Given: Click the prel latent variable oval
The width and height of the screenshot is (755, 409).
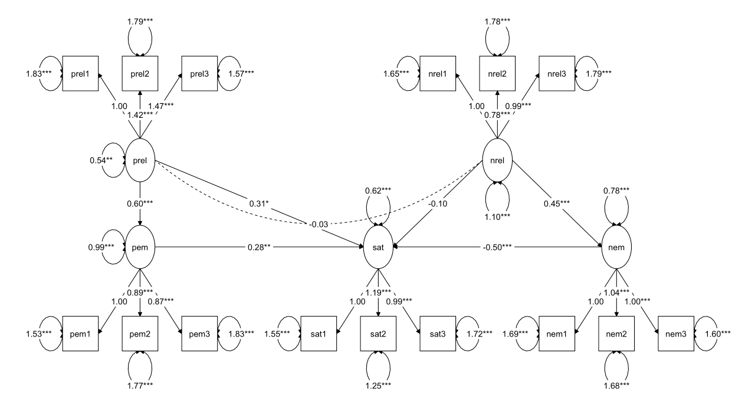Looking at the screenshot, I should pos(140,160).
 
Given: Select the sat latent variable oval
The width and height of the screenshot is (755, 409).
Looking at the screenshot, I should pos(378,248).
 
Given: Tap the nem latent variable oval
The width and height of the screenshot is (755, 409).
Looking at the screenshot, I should pos(616,248).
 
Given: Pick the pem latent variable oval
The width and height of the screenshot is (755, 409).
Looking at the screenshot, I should pos(140,248).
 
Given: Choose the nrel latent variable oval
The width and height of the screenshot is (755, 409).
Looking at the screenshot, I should pos(497,160).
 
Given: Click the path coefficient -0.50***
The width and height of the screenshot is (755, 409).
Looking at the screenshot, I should pos(498,248).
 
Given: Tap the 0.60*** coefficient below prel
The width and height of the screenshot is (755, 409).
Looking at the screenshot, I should pos(140,204).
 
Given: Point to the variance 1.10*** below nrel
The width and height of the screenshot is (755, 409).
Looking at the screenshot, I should pos(497,216).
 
